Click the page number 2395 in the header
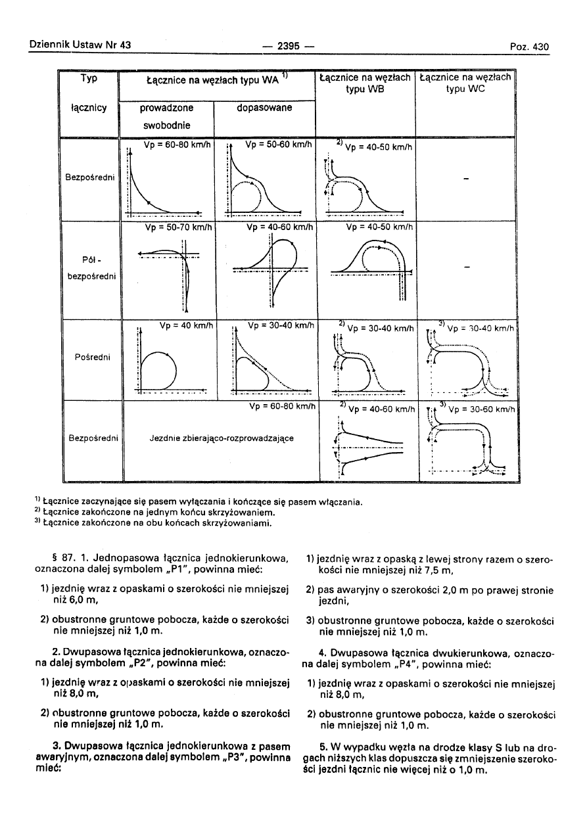coord(289,46)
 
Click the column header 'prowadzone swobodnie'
coord(166,116)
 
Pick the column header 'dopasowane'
coord(265,108)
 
